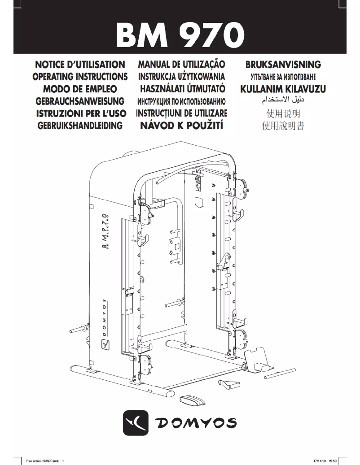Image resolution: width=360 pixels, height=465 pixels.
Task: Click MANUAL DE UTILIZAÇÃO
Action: [x=181, y=65]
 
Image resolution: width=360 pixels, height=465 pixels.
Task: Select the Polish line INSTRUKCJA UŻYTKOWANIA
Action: [x=181, y=77]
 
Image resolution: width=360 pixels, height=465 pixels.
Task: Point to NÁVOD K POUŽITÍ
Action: [x=181, y=125]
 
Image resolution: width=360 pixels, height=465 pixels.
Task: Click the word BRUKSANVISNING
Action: [x=283, y=65]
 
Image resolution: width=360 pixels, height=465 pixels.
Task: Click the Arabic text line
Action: [x=283, y=100]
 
